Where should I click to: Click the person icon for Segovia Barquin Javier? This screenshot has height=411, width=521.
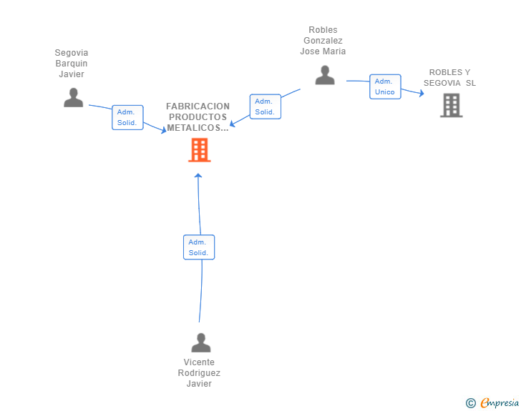74,98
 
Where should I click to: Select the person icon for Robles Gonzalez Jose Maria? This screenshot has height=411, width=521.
325,75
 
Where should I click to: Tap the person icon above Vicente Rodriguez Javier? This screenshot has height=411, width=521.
200,342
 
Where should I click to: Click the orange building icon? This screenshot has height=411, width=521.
200,150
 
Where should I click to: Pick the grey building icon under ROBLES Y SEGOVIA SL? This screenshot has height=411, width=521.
451,105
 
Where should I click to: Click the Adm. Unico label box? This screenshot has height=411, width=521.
385,86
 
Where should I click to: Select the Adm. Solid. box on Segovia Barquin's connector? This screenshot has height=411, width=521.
127,117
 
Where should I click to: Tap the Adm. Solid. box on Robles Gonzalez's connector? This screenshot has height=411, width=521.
265,107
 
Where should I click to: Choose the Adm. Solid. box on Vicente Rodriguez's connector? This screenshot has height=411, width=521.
199,247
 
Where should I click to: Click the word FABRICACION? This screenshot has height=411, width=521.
198,107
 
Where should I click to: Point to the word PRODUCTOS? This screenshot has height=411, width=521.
198,117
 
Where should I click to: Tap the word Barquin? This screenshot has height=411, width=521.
72,64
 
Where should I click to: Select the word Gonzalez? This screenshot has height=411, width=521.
323,41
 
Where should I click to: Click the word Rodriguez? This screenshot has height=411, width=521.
199,373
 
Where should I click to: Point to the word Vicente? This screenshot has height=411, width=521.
199,362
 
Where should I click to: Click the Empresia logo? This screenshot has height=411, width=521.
500,402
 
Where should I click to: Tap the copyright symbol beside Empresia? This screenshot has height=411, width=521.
470,403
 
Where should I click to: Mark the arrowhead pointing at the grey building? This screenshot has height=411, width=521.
422,94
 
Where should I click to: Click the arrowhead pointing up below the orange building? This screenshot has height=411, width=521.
198,176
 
